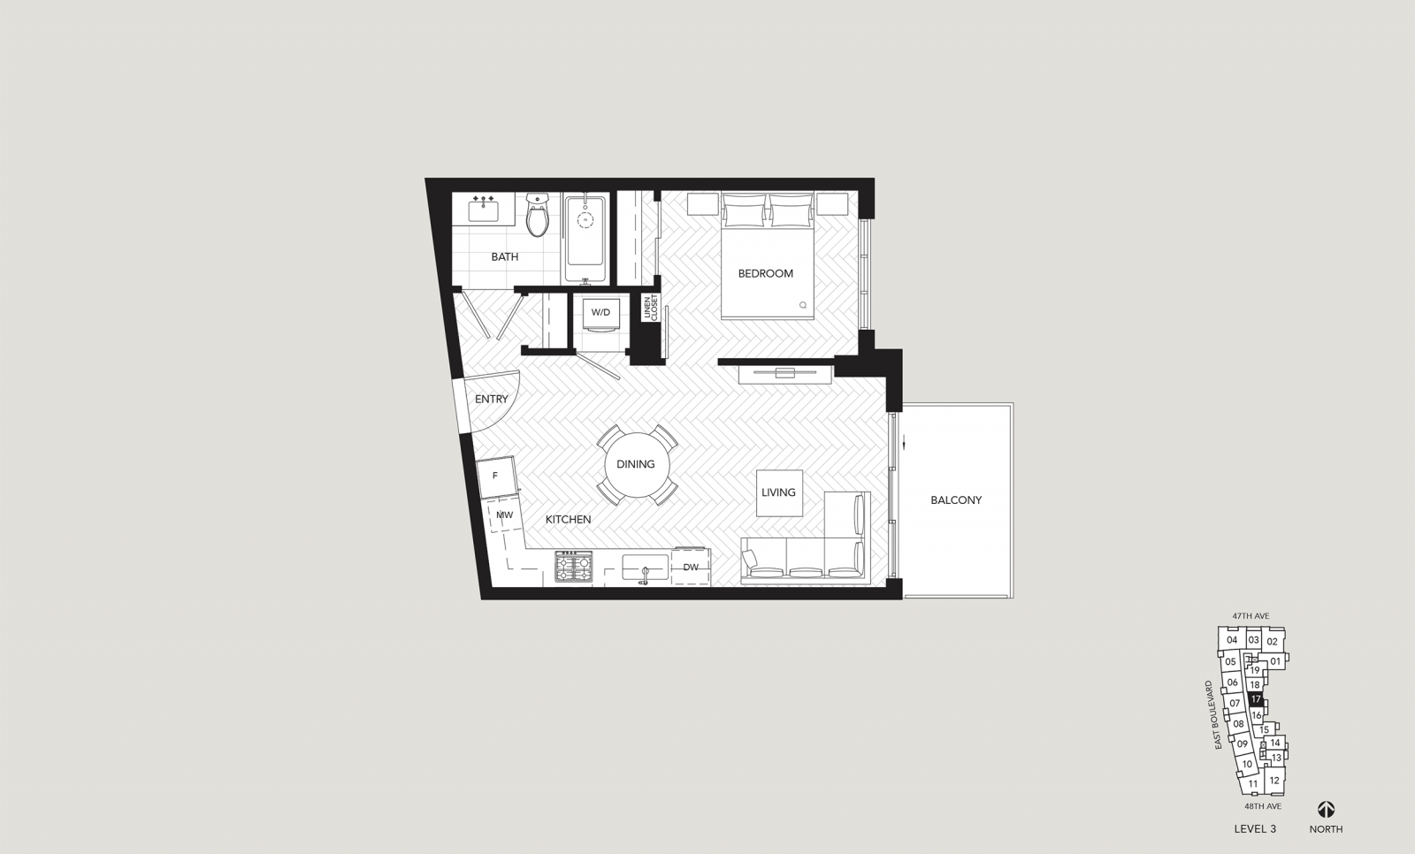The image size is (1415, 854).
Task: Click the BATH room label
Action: coord(505,256)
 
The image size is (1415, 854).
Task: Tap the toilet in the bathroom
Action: coord(538,215)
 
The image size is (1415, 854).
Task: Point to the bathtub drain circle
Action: coord(585,220)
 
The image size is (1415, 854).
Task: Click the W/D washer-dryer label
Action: coord(600,312)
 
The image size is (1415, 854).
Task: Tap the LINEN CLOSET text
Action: coord(651,308)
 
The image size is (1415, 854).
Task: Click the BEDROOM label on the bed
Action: coord(766,273)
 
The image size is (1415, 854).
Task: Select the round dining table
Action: coord(636,464)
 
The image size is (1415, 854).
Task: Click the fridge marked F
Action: coord(496,477)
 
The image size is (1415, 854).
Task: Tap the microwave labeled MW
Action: coord(505,515)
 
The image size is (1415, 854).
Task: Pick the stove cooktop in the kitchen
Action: coord(574,566)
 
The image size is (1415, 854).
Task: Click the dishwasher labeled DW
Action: coord(691,567)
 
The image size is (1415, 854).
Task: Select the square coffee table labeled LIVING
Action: coord(779,492)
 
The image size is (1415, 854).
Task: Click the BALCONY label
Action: coord(956,500)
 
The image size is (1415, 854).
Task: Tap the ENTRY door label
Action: coord(492,400)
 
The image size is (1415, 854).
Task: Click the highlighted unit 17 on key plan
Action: coord(1255,699)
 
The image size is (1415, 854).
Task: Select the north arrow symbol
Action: coord(1326,809)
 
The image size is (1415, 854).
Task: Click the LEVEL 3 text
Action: coord(1255,829)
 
